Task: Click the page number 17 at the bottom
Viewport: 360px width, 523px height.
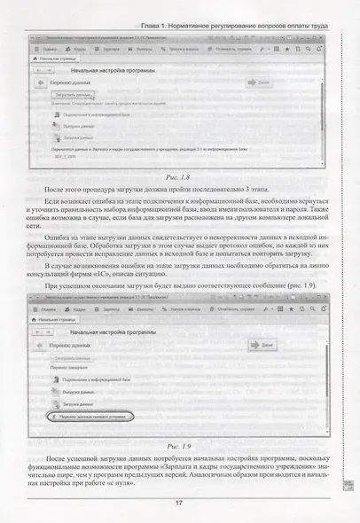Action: click(x=180, y=503)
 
